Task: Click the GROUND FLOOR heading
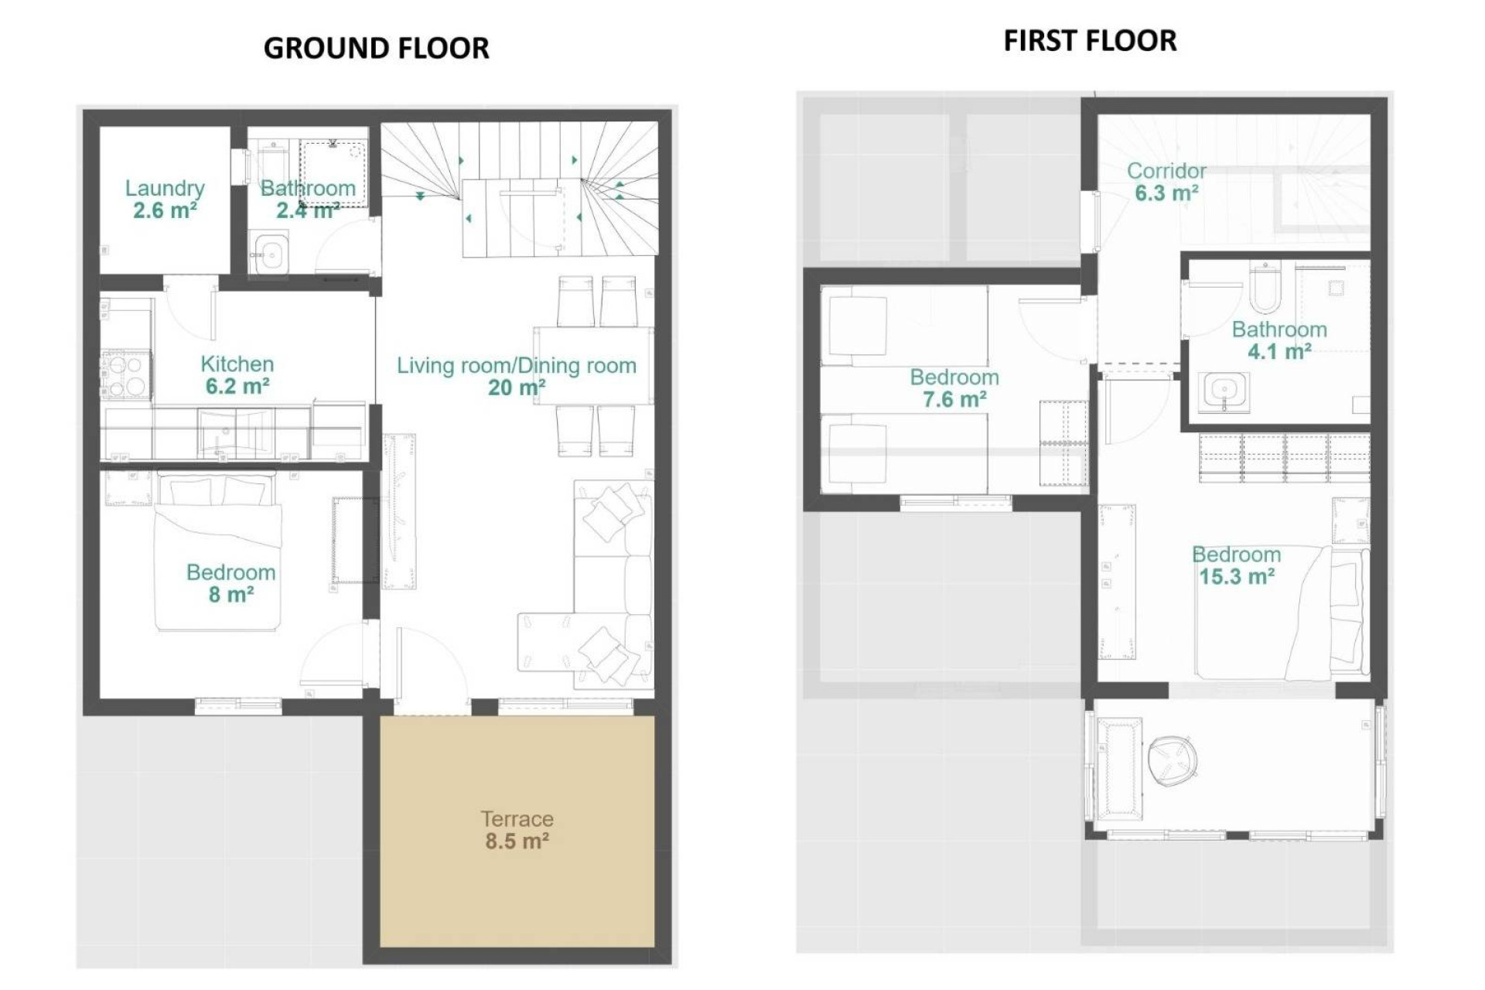pyautogui.click(x=376, y=48)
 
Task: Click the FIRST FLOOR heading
pyautogui.click(x=1090, y=40)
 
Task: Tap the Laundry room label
pyautogui.click(x=165, y=188)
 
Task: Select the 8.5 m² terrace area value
pyautogui.click(x=517, y=841)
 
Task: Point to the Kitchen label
pyautogui.click(x=237, y=364)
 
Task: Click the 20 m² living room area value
pyautogui.click(x=516, y=387)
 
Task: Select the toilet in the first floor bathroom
pyautogui.click(x=1265, y=288)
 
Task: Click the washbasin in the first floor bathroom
pyautogui.click(x=1224, y=391)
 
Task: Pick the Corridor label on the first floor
pyautogui.click(x=1166, y=171)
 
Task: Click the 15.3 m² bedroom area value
pyautogui.click(x=1236, y=577)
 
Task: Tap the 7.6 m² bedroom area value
pyautogui.click(x=954, y=400)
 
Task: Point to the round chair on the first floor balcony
pyautogui.click(x=1173, y=758)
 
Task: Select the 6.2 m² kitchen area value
pyautogui.click(x=237, y=386)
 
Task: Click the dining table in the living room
pyautogui.click(x=593, y=365)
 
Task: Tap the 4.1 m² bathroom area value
pyautogui.click(x=1278, y=352)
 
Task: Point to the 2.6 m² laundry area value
pyautogui.click(x=165, y=210)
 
